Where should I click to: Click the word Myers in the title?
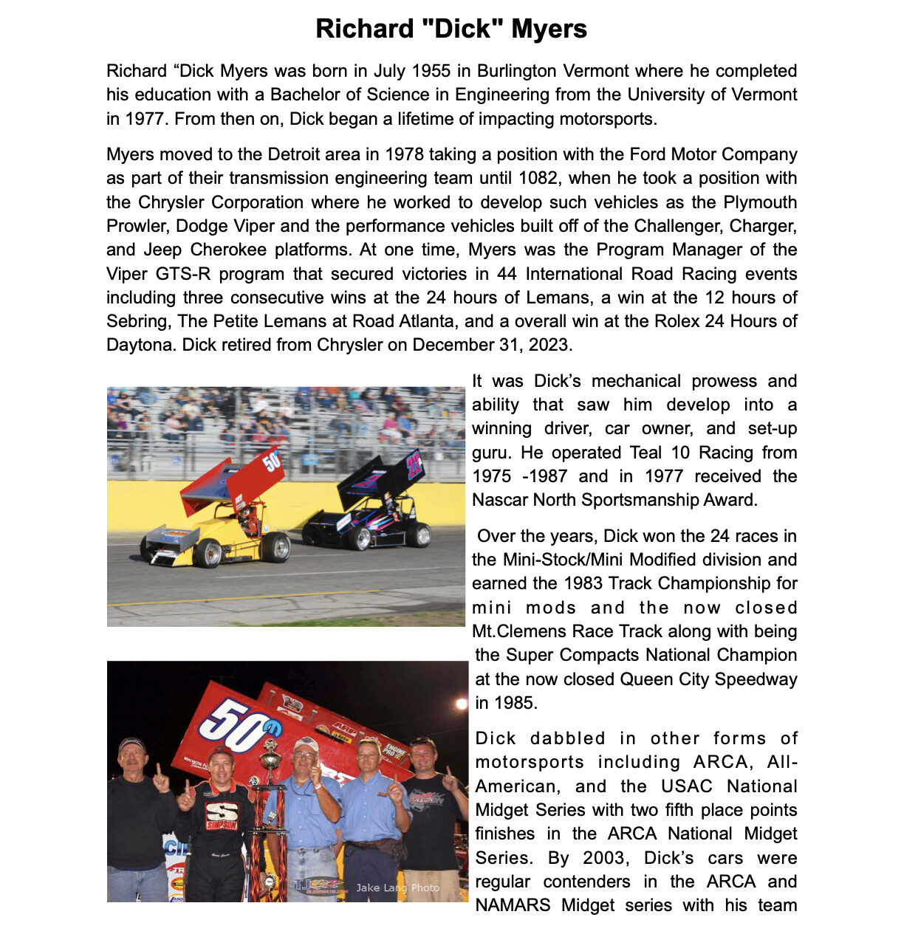point(549,29)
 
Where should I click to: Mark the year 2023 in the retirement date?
point(550,345)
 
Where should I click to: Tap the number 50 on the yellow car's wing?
point(272,461)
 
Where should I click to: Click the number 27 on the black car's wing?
point(414,464)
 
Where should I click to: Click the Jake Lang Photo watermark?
point(397,888)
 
